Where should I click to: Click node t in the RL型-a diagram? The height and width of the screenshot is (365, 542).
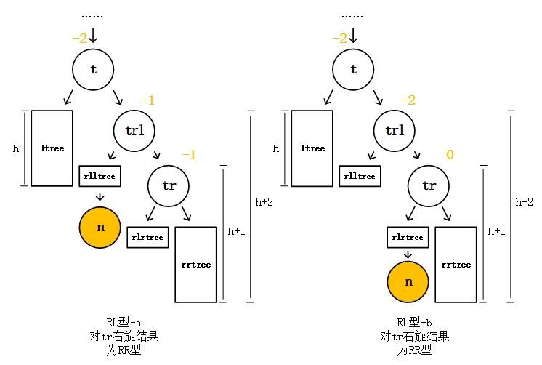93,69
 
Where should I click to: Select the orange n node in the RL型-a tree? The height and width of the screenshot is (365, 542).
100,227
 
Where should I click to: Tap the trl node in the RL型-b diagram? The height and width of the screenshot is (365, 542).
395,130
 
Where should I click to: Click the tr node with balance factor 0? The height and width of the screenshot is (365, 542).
429,185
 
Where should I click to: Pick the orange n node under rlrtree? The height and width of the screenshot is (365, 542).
408,281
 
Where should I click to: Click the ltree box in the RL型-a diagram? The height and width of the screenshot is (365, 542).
52,148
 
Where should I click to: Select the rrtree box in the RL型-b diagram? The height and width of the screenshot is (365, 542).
456,264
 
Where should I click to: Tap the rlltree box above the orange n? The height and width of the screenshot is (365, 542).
100,176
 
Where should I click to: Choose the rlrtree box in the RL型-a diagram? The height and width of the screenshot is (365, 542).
148,237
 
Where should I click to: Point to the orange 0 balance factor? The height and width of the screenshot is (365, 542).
450,155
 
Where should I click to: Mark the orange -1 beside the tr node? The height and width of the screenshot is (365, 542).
189,155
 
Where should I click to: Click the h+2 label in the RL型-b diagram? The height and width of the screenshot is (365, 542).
524,202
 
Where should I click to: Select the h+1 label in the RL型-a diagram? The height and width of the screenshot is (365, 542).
236,231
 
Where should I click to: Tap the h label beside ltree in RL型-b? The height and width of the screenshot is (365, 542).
275,148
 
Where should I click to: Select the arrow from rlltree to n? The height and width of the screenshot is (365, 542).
100,195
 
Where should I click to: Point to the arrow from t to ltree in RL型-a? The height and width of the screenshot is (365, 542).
69,97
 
